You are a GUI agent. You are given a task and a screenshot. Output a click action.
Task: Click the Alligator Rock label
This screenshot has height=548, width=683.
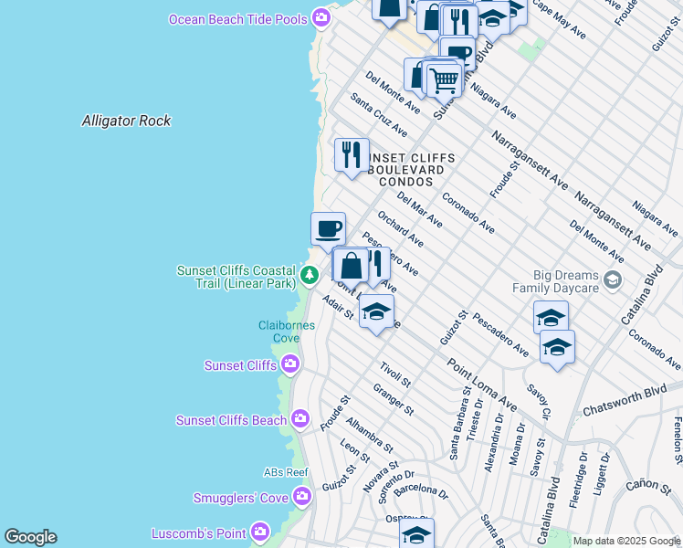pyautogui.click(x=126, y=121)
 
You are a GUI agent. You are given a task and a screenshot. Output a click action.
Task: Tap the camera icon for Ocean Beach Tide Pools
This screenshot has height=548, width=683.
pyautogui.click(x=320, y=18)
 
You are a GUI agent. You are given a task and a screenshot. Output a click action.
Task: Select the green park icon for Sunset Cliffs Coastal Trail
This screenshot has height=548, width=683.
pyautogui.click(x=310, y=274)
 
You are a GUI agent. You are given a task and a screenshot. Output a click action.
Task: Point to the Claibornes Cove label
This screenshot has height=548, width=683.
pyautogui.click(x=286, y=332)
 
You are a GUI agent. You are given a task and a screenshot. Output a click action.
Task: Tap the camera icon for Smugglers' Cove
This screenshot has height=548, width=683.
pyautogui.click(x=303, y=497)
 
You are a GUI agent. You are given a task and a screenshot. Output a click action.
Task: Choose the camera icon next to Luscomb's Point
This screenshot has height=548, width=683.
pyautogui.click(x=260, y=532)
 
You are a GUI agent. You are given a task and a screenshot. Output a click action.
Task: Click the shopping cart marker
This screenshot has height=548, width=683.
pyautogui.click(x=444, y=79)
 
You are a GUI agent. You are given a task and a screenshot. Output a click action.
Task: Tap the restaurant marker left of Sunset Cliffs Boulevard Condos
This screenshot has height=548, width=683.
pyautogui.click(x=352, y=154)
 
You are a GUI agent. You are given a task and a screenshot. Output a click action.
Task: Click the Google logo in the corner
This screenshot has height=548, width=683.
pyautogui.click(x=30, y=537)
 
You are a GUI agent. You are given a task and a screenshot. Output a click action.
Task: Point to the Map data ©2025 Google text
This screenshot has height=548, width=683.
pyautogui.click(x=626, y=542)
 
